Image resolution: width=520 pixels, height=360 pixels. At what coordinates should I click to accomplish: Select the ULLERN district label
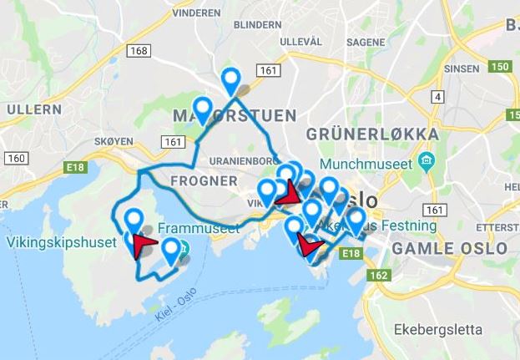[x=33, y=109]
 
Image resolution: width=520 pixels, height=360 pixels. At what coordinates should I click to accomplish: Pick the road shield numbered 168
[x=139, y=52]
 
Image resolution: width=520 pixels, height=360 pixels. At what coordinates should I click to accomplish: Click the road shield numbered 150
[x=499, y=66]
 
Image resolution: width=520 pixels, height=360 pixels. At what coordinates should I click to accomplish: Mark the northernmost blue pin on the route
[x=230, y=79]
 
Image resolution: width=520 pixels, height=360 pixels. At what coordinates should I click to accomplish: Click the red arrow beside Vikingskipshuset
[x=143, y=245]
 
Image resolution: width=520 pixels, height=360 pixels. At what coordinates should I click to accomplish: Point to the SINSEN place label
[x=462, y=68]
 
